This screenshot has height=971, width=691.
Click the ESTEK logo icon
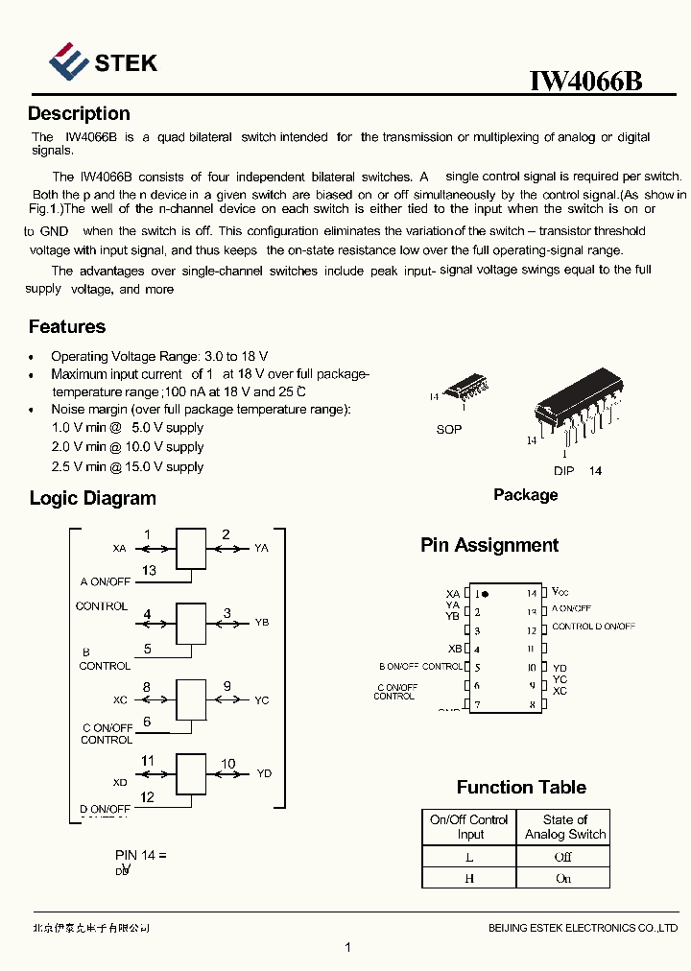[69, 61]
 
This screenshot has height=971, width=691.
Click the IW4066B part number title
[585, 81]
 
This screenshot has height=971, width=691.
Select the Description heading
[79, 114]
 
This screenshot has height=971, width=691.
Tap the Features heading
[67, 327]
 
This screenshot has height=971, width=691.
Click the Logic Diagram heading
[92, 498]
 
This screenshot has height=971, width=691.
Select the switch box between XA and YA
[191, 548]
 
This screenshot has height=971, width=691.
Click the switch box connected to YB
[191, 623]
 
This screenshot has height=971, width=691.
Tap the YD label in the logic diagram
[264, 773]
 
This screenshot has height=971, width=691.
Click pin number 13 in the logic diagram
[149, 570]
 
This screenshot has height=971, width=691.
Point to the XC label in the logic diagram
[120, 700]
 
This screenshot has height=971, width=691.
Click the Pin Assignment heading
[489, 545]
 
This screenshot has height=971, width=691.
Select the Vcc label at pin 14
[560, 593]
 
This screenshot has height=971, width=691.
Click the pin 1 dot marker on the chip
[486, 594]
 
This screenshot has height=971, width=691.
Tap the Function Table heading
[521, 787]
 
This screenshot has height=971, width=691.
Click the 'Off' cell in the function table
[563, 856]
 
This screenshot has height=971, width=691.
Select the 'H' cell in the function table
[469, 877]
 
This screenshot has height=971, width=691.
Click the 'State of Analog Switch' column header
[564, 827]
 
